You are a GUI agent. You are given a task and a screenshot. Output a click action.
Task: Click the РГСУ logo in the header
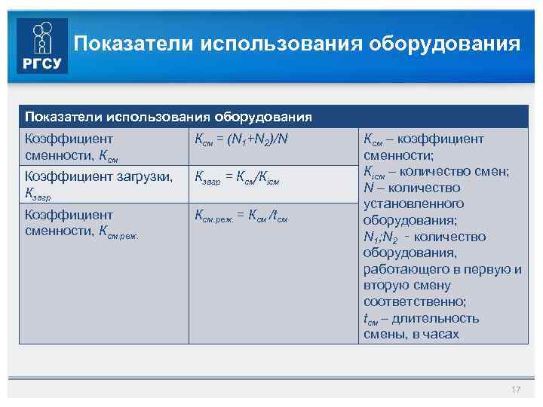(x=42, y=45)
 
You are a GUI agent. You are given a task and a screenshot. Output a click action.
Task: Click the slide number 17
(x=516, y=389)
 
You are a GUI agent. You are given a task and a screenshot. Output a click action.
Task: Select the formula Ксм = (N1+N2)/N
(x=241, y=140)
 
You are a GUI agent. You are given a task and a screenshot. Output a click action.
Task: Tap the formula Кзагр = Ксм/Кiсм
(x=238, y=178)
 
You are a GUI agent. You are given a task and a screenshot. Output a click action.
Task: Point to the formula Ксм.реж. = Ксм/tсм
(x=241, y=216)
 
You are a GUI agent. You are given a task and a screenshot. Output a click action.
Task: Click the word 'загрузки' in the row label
(x=144, y=177)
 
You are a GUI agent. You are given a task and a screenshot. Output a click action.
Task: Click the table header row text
(x=168, y=117)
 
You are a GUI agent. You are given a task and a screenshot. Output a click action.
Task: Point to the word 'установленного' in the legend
(x=414, y=204)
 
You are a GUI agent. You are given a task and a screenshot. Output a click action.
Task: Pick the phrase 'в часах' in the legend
(x=437, y=335)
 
